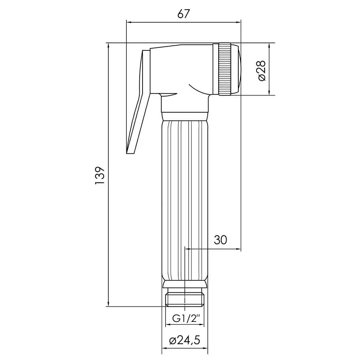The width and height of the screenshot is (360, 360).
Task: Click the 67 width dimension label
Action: point(184,14)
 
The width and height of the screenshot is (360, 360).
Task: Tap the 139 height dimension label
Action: point(100,175)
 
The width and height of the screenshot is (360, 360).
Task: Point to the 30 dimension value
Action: point(220,240)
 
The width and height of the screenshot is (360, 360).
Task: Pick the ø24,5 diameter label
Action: point(185,340)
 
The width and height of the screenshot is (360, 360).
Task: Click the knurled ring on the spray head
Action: point(224,69)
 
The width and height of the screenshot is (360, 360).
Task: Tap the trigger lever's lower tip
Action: point(130,153)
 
